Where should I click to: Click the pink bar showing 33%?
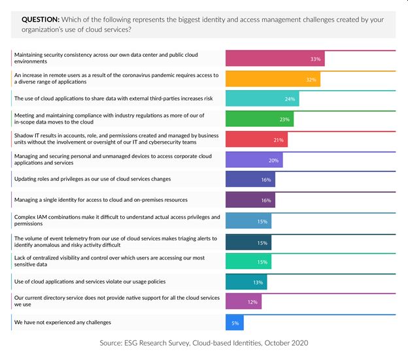275,59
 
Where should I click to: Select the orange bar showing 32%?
273,79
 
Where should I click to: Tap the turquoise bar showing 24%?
262,99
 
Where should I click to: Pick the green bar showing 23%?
260,120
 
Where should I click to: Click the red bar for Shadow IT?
256,140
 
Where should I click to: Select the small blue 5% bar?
234,322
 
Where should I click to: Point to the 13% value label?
258,282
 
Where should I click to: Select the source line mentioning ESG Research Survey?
203,343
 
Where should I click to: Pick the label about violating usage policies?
90,281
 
